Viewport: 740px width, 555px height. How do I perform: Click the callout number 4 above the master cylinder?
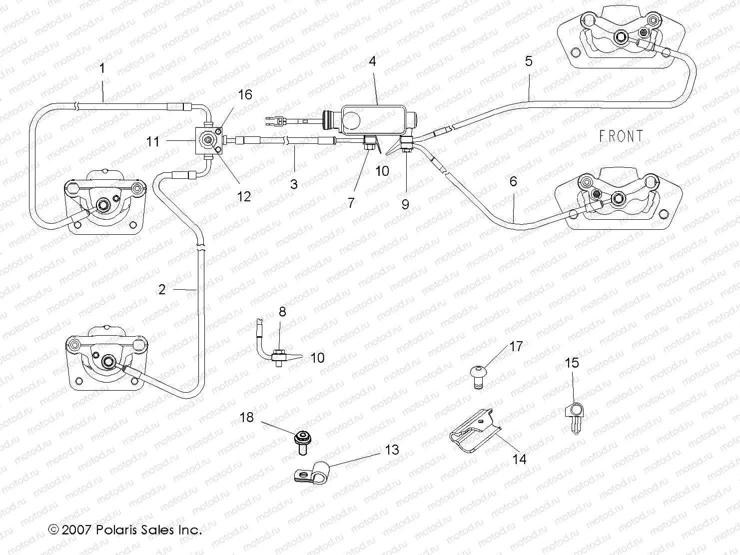(372, 61)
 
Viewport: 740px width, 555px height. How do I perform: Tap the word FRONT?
(621, 136)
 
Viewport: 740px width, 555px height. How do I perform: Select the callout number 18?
(247, 417)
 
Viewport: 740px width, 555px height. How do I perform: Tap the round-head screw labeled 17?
(479, 374)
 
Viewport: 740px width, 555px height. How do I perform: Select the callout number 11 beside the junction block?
(153, 141)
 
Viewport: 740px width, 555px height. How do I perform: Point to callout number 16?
(245, 94)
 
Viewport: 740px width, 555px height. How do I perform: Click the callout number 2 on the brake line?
(161, 289)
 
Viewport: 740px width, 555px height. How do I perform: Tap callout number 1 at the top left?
(102, 68)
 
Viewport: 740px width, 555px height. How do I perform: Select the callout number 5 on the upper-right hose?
(529, 61)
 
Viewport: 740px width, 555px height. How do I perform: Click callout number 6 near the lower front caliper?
(513, 181)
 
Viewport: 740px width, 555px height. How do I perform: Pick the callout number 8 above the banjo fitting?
(282, 312)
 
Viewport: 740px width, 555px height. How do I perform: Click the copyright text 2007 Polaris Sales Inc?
(125, 530)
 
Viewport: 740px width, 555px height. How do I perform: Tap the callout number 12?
(244, 196)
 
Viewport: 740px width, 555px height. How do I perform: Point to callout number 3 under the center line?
(294, 184)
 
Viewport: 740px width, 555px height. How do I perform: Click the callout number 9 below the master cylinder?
(405, 204)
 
